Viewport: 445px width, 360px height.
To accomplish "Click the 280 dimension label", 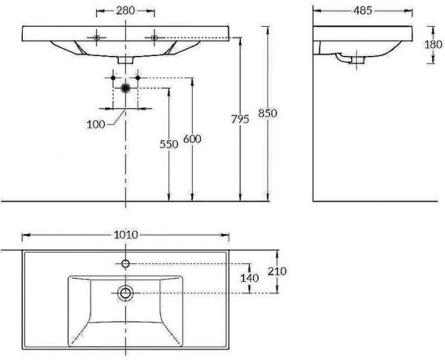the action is point(125,11).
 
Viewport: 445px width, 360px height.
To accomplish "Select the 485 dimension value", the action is point(362,11).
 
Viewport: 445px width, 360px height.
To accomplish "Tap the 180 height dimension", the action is point(434,45).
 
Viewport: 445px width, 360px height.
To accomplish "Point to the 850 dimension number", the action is point(268,113).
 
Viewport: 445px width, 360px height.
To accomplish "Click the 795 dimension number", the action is point(240,119).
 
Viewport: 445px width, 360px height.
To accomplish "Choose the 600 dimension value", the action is point(192,139).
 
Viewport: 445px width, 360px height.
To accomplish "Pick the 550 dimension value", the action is point(169,144).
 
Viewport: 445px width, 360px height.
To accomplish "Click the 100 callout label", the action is point(95,125).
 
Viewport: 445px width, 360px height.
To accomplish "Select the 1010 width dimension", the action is point(126,235).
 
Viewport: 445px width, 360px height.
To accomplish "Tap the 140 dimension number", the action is point(249,278).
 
